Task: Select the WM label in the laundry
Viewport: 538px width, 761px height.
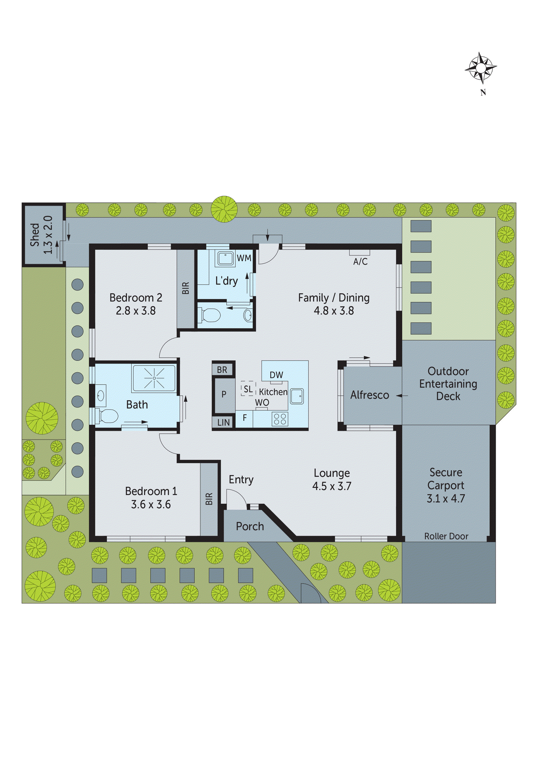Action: tap(244, 258)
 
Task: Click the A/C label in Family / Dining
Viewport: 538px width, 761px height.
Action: tap(360, 262)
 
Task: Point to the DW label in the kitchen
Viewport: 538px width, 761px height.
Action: tap(276, 375)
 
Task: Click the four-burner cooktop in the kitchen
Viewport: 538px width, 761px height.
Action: tap(280, 419)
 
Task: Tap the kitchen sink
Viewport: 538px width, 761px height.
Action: tap(297, 396)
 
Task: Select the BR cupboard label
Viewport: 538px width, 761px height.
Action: tap(222, 370)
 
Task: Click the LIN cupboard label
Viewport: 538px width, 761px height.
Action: tap(224, 423)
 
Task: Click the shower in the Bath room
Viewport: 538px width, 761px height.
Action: tap(154, 378)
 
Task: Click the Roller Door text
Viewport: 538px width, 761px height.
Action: tap(446, 536)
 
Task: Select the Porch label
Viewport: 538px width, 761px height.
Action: tap(250, 526)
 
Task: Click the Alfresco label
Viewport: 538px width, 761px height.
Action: tap(370, 395)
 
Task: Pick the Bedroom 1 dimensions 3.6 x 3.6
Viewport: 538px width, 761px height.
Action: tap(151, 505)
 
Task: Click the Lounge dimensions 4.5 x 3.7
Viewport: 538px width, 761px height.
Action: tap(332, 486)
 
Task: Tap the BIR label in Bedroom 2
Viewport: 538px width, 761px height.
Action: tap(186, 288)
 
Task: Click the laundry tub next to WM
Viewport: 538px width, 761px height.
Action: tap(226, 259)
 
